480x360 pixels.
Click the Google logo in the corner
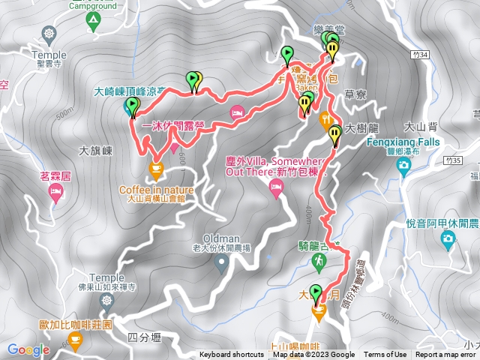[28, 349]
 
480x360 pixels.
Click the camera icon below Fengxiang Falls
[403, 164]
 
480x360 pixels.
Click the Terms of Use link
[385, 355]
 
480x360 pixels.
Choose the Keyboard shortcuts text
[231, 355]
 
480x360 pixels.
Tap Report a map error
[445, 355]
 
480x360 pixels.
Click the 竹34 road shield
[421, 55]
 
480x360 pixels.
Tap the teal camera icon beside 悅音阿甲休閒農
[448, 239]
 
